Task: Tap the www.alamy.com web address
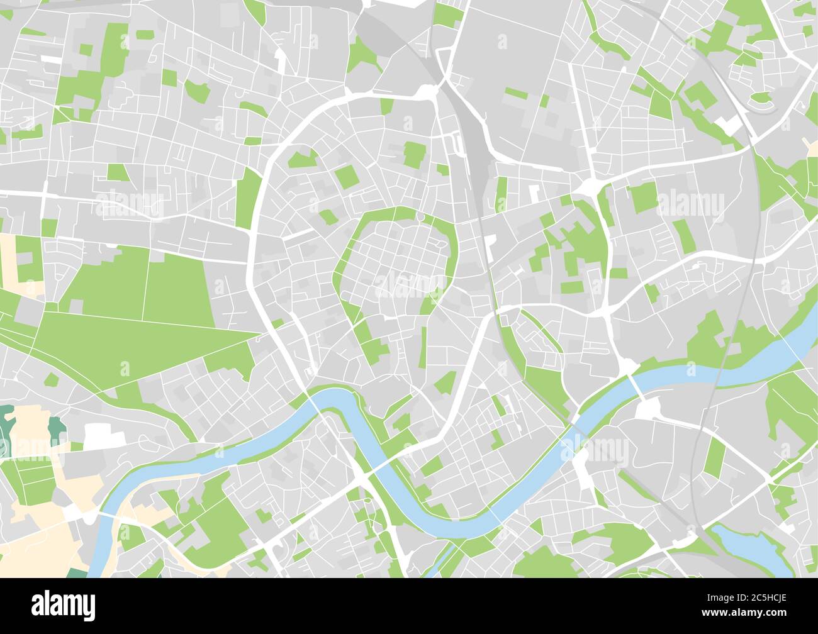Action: coord(762,613)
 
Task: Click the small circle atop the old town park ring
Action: coord(420,218)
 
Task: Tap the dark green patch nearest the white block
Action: coord(57,429)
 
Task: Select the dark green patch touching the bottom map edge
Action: coord(77,573)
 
